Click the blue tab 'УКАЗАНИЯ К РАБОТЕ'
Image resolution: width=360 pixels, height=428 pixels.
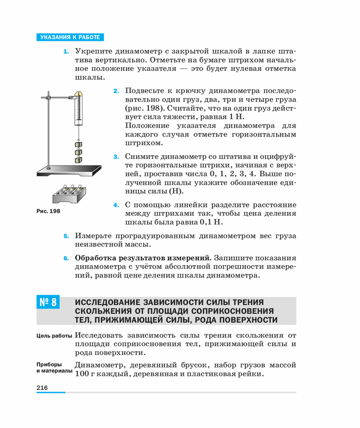(70, 37)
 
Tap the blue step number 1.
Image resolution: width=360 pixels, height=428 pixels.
(66, 52)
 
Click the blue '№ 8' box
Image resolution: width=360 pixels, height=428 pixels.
(48, 302)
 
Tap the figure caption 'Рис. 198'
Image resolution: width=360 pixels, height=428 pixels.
(48, 211)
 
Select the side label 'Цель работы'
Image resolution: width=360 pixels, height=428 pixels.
(54, 336)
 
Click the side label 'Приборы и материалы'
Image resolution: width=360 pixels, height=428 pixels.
(54, 368)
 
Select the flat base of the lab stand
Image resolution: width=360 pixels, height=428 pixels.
(68, 170)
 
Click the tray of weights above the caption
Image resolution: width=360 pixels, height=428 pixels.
(68, 194)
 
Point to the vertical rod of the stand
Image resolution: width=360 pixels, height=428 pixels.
(49, 132)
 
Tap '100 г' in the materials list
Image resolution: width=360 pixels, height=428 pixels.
(84, 374)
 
